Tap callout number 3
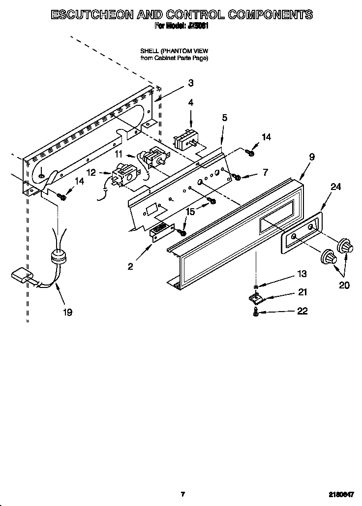pyautogui.click(x=190, y=83)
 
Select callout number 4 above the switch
pyautogui.click(x=190, y=102)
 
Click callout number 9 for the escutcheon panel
pyautogui.click(x=311, y=158)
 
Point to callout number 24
pyautogui.click(x=336, y=187)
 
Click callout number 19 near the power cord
pyautogui.click(x=67, y=312)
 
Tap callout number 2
pyautogui.click(x=130, y=266)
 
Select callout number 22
pyautogui.click(x=302, y=311)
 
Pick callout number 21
pyautogui.click(x=302, y=292)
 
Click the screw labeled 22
pyautogui.click(x=256, y=312)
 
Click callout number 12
pyautogui.click(x=91, y=172)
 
